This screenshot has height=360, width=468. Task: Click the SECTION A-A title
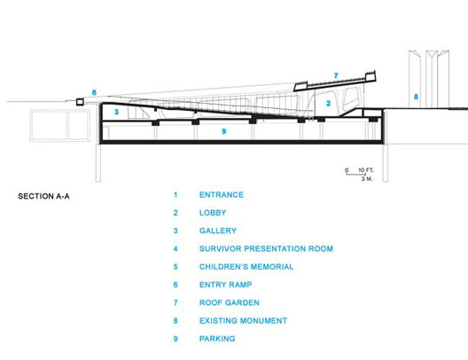coord(44,196)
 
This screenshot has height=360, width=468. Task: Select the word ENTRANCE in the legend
coord(222,194)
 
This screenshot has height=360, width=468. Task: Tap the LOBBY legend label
coord(213,213)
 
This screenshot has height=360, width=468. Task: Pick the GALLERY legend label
coord(218,231)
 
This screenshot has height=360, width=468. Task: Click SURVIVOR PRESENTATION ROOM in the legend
coord(266,248)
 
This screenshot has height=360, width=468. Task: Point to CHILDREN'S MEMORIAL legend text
coord(246,267)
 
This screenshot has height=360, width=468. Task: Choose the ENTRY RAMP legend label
coord(226,285)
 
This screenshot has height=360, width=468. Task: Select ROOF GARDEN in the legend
coord(230,302)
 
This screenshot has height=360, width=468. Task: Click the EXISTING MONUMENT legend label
coord(243,321)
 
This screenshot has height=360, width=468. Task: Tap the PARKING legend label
coord(217,339)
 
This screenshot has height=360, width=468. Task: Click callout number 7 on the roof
coord(336,75)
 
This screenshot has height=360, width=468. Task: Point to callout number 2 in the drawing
coord(328,103)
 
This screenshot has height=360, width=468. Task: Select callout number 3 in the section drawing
coord(116,112)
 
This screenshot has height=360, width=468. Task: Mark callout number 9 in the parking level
coord(224,131)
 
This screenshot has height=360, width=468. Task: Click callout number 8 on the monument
coord(416,97)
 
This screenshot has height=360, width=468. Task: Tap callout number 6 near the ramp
coord(94,92)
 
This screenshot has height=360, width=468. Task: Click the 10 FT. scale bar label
coord(366,170)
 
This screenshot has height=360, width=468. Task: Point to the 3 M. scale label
coord(367,179)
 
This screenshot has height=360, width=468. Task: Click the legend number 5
coord(175,267)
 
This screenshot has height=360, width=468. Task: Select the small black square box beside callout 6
coord(80,102)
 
